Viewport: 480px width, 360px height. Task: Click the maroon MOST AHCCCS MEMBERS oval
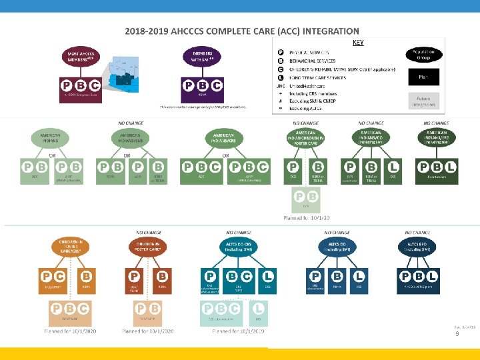point(80,57)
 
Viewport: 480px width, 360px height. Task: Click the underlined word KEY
point(358,42)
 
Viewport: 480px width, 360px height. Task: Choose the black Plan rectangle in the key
point(423,77)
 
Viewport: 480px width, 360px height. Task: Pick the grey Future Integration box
point(423,101)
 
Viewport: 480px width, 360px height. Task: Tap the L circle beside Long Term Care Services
point(281,77)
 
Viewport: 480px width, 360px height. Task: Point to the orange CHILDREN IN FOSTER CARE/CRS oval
point(70,247)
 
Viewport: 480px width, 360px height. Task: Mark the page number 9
point(457,333)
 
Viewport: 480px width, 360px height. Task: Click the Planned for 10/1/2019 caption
point(239,331)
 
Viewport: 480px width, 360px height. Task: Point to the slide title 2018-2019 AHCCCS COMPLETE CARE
point(242,31)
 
